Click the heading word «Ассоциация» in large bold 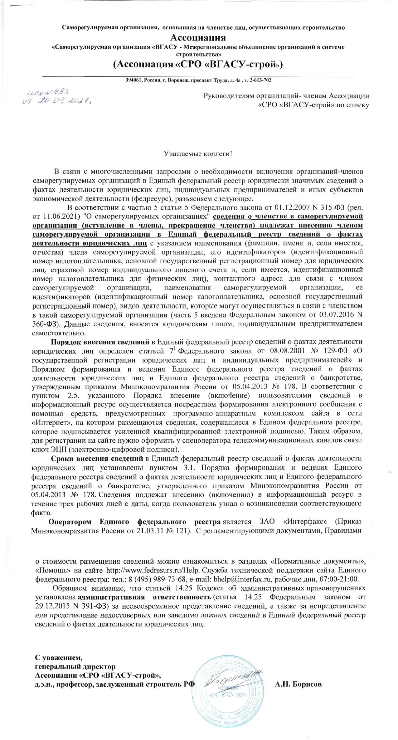[x=198, y=38]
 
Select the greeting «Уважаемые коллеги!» [x=198, y=154]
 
